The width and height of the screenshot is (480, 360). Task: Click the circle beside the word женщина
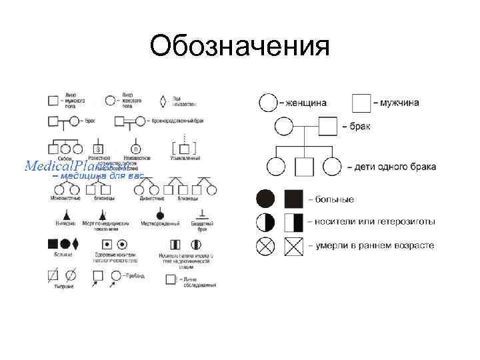pos(267,103)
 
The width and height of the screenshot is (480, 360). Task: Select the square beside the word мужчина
pos(361,103)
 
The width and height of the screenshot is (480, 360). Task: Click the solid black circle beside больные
pos(265,199)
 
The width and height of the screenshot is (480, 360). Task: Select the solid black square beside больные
pos(293,199)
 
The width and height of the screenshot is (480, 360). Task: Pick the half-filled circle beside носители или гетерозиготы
pos(265,222)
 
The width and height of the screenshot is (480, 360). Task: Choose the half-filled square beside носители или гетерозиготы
pos(293,222)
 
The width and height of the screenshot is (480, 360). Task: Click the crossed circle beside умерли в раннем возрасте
pos(265,245)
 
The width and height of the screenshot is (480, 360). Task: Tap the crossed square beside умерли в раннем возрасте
pos(293,245)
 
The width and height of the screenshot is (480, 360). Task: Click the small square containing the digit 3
pos(99,148)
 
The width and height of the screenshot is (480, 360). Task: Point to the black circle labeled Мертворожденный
pos(160,215)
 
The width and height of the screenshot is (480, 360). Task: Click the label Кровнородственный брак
pos(175,121)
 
